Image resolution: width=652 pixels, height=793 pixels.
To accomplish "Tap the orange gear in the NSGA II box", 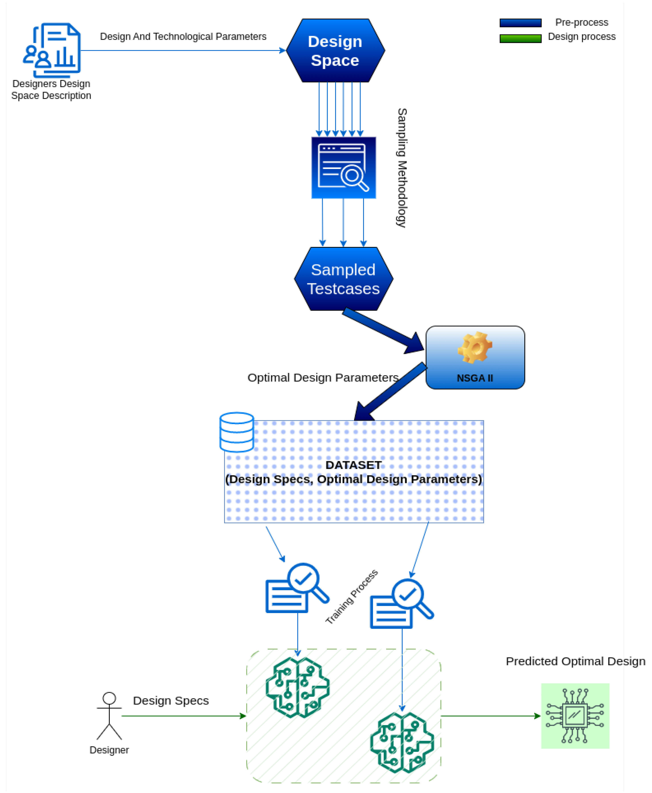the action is coord(475,348).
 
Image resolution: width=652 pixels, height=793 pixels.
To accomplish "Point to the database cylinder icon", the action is coord(237,432).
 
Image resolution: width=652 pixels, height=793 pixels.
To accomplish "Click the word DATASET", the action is coord(353,465).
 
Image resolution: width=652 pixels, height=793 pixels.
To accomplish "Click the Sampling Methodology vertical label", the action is coord(402,168).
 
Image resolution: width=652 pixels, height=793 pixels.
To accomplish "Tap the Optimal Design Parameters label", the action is coord(323,378).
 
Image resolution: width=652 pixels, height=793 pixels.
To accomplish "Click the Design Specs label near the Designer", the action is coord(171,700).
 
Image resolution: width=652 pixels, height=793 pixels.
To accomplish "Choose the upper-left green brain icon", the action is coord(297,687).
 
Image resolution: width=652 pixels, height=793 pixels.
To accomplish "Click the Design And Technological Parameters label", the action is coord(183,36).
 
